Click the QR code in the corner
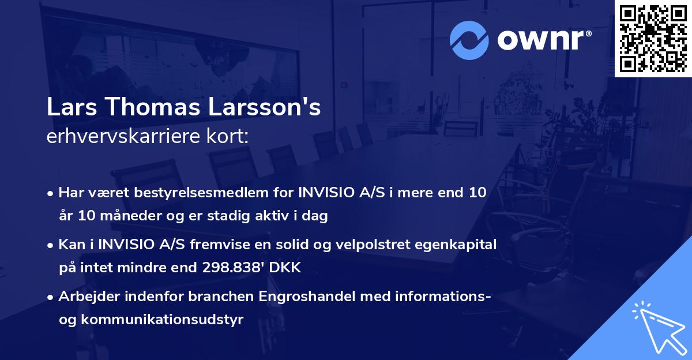(x=653, y=38)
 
